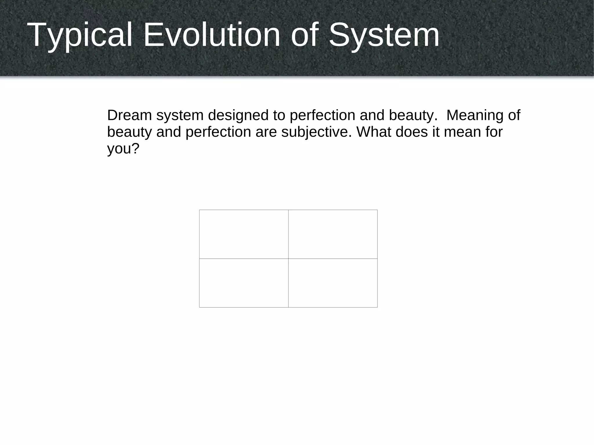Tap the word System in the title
pyautogui.click(x=384, y=35)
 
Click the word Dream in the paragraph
pyautogui.click(x=130, y=115)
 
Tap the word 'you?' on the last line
pyautogui.click(x=123, y=149)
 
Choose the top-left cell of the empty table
pyautogui.click(x=244, y=234)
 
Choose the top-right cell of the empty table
pyautogui.click(x=333, y=234)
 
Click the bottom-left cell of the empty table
pyautogui.click(x=244, y=283)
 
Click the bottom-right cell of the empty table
pyautogui.click(x=333, y=283)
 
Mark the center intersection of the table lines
pyautogui.click(x=288, y=258)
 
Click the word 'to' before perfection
pyautogui.click(x=279, y=115)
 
